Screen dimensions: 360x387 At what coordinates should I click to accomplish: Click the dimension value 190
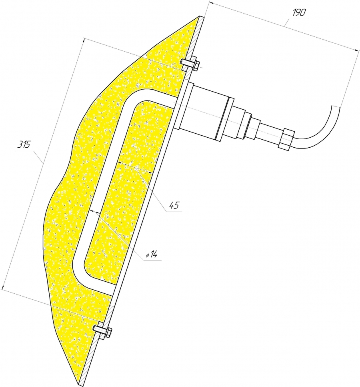[x=299, y=12]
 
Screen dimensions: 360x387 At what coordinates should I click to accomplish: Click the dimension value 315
[x=24, y=144]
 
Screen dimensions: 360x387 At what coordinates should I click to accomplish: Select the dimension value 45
[x=174, y=205]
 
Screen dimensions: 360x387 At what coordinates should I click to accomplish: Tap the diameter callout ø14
[x=151, y=254]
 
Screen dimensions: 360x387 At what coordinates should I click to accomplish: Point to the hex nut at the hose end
[x=286, y=139]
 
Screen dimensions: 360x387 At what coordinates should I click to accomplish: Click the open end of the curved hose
[x=335, y=106]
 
